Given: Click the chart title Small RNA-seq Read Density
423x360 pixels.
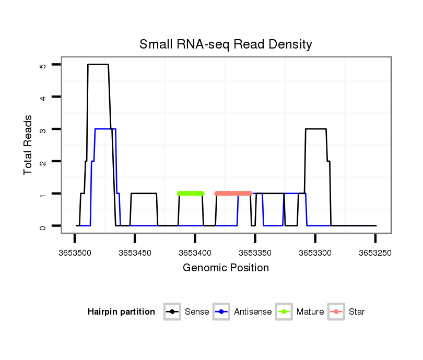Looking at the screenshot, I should [226, 44].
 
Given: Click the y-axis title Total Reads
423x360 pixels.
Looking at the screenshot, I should [29, 145].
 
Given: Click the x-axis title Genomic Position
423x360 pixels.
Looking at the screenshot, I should [226, 268].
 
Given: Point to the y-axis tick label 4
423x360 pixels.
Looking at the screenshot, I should [43, 97].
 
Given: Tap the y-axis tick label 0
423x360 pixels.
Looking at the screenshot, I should [43, 226].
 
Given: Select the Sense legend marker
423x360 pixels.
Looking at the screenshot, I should [172, 312].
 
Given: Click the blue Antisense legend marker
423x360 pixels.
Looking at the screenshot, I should [221, 312].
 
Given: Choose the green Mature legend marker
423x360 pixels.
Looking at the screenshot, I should [284, 312].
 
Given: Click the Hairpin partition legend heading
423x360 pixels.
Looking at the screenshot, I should [121, 312].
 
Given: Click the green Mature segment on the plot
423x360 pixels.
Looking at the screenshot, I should [191, 194].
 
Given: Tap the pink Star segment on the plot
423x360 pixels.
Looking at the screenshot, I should [233, 194].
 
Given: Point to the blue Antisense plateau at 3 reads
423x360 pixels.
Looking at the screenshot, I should [105, 129].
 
